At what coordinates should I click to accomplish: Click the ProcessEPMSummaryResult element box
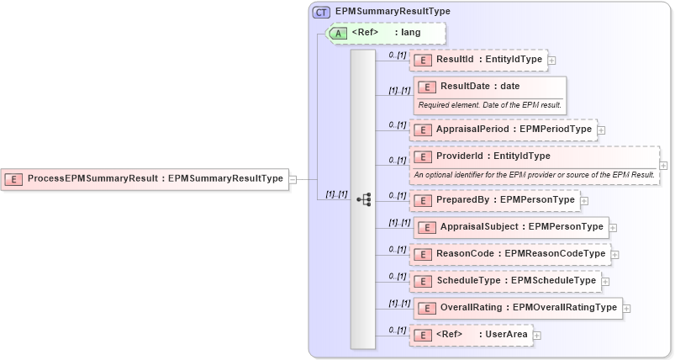pyautogui.click(x=145, y=178)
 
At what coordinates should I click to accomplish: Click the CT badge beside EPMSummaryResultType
pyautogui.click(x=321, y=12)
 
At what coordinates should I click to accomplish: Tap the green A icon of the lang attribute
pyautogui.click(x=339, y=34)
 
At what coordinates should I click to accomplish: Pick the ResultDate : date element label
pyautogui.click(x=479, y=86)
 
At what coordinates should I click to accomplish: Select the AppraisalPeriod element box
pyautogui.click(x=502, y=130)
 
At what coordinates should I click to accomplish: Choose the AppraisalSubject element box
pyautogui.click(x=511, y=227)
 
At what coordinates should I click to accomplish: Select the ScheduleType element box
pyautogui.click(x=504, y=280)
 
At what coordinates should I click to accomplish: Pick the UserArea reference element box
pyautogui.click(x=471, y=335)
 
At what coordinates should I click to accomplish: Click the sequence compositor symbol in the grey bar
pyautogui.click(x=364, y=199)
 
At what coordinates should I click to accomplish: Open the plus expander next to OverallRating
pyautogui.click(x=627, y=308)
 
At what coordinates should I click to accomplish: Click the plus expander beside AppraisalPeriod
pyautogui.click(x=602, y=130)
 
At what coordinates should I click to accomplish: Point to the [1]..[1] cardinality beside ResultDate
pyautogui.click(x=398, y=91)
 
